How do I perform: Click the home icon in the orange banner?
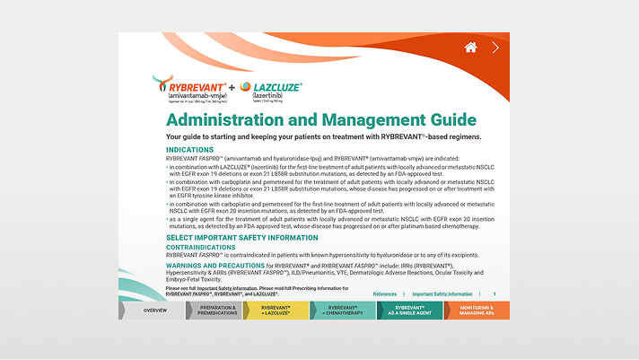[470, 48]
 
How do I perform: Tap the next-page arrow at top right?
[496, 48]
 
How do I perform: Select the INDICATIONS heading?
[190, 149]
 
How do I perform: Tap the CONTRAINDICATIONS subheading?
[202, 246]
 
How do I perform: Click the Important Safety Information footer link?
[442, 294]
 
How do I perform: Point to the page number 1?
[494, 294]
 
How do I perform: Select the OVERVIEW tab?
[154, 310]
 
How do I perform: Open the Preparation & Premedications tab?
[217, 310]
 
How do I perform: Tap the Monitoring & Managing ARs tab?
[477, 310]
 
